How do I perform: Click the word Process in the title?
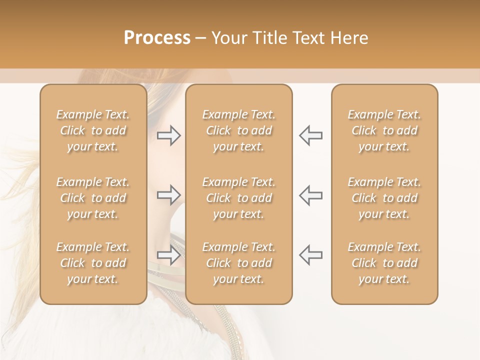(157, 38)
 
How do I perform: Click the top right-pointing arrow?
(168, 135)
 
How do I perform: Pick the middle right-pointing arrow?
(168, 195)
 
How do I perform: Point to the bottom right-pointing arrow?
(168, 255)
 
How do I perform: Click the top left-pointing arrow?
(310, 135)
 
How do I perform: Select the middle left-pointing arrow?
(310, 195)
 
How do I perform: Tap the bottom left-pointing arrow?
(310, 255)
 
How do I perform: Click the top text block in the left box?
(93, 130)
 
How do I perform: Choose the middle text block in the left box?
(93, 198)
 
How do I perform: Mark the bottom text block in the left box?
(93, 263)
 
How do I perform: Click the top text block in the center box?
(238, 130)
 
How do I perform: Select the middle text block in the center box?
(238, 198)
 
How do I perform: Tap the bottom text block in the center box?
(238, 263)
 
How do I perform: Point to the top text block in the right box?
(384, 130)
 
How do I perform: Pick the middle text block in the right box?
(384, 198)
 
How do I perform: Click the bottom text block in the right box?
(384, 263)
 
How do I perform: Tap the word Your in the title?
(227, 38)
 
